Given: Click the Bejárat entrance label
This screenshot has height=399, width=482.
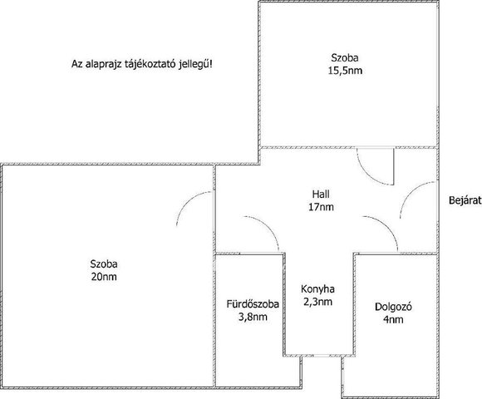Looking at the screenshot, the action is tap(465, 200).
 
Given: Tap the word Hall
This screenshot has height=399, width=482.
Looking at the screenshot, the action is tap(321, 195).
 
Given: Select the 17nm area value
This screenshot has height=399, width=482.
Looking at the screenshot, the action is tap(321, 207).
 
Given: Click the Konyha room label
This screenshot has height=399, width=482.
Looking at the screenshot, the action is tap(317, 289).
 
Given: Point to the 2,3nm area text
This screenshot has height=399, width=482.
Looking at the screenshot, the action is tap(317, 302).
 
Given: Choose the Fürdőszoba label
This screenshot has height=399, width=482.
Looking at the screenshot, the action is tap(253, 304).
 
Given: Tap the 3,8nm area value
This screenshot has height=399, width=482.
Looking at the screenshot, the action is tap(253, 317).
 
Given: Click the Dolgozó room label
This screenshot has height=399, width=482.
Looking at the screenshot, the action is tap(393, 307).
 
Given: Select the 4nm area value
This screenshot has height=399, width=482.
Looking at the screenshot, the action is tap(393, 320).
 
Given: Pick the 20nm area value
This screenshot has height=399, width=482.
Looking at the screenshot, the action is tap(104, 277).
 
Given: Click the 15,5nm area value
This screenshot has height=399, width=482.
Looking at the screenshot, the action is tap(345, 71).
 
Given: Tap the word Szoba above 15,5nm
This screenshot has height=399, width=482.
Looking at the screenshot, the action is tap(345, 58).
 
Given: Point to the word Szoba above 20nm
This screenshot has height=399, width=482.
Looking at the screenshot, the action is tap(104, 264).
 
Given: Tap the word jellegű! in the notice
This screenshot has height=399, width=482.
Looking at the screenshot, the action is tap(195, 64).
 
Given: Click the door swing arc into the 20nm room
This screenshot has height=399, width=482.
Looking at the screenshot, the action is tap(188, 199).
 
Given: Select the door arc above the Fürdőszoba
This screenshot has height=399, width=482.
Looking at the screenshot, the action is tap(268, 226).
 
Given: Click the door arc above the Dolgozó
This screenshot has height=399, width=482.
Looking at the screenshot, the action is tap(387, 226).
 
